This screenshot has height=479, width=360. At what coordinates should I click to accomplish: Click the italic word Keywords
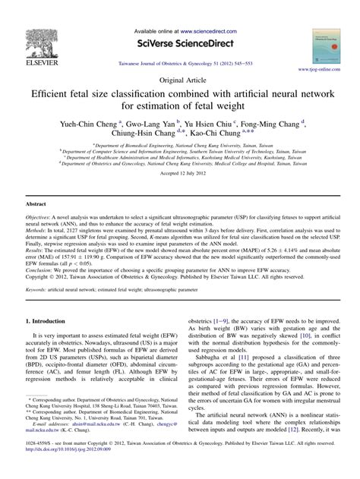point(39,310)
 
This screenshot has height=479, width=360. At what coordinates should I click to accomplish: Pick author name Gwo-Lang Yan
point(147,122)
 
